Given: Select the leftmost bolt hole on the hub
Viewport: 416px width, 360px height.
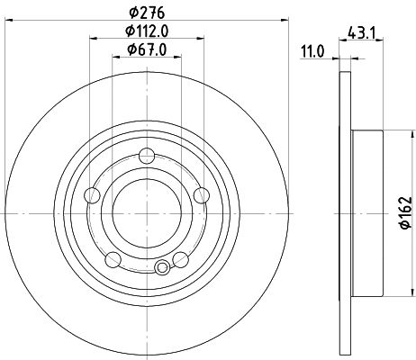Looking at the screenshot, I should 91,196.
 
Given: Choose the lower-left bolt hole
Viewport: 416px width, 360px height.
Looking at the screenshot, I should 112,259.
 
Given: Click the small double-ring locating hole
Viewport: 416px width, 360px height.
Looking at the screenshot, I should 163,267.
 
